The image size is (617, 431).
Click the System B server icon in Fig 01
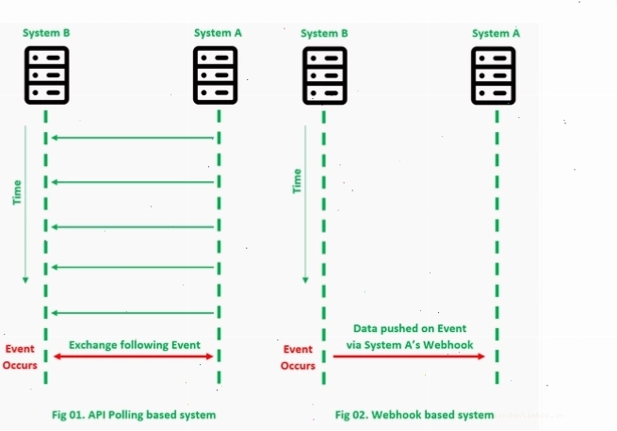coord(47,75)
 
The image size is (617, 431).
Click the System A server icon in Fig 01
coord(215,75)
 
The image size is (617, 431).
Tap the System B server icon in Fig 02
coord(325,75)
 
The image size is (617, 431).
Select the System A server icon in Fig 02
coord(494,75)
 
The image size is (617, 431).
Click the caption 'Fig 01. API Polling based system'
coord(134,415)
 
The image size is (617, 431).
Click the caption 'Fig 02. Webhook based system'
coord(414,415)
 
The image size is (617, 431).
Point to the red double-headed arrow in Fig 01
coord(134,356)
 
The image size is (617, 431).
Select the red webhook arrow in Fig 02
coord(409,356)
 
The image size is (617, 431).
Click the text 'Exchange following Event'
coord(135,345)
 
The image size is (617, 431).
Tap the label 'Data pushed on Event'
coord(410,328)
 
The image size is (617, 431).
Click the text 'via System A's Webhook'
coord(410,345)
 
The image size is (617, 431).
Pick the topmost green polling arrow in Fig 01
coord(133,138)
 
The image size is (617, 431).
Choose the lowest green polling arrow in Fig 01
coord(133,313)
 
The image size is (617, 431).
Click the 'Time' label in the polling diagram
coord(17,192)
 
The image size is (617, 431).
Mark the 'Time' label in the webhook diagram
coord(297,181)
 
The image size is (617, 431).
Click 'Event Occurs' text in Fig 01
coord(20,356)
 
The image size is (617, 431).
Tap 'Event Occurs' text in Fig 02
coord(298,357)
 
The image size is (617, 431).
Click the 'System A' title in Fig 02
coord(495,34)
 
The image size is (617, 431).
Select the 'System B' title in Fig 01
coord(46,33)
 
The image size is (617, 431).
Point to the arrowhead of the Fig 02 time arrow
coord(305,280)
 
